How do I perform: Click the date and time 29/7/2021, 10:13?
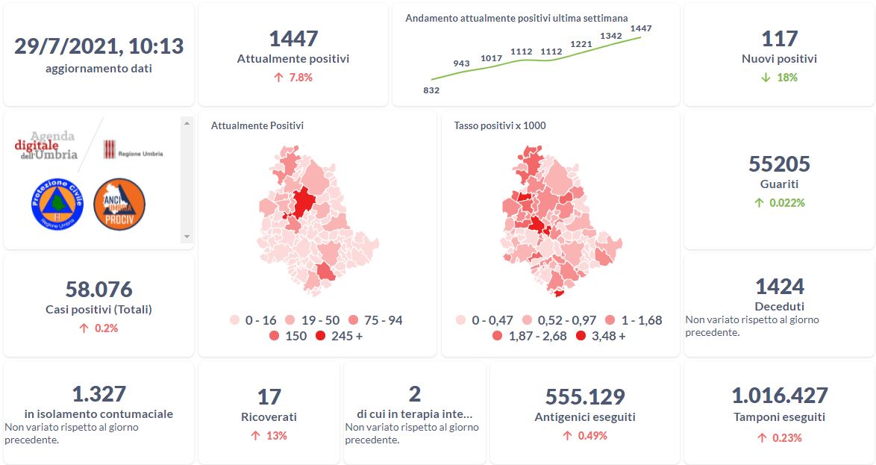click(x=98, y=46)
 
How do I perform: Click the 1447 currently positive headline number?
click(x=293, y=39)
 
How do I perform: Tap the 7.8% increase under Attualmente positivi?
click(x=293, y=78)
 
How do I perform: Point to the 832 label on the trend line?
click(x=431, y=90)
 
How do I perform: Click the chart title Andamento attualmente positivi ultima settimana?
click(x=516, y=18)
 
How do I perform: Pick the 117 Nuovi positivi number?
click(x=779, y=39)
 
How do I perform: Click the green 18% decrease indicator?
click(x=779, y=78)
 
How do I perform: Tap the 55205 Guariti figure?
click(x=779, y=164)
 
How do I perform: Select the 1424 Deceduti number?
click(x=779, y=287)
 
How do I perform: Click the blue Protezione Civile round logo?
click(x=57, y=204)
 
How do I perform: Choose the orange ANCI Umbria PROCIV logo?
click(x=119, y=204)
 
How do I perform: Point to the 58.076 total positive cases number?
click(x=98, y=289)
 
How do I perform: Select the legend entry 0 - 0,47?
click(x=486, y=320)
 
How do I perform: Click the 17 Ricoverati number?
click(x=269, y=397)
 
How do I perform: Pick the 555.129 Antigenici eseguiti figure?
click(x=585, y=397)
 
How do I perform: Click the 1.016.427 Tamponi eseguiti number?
click(x=779, y=396)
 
